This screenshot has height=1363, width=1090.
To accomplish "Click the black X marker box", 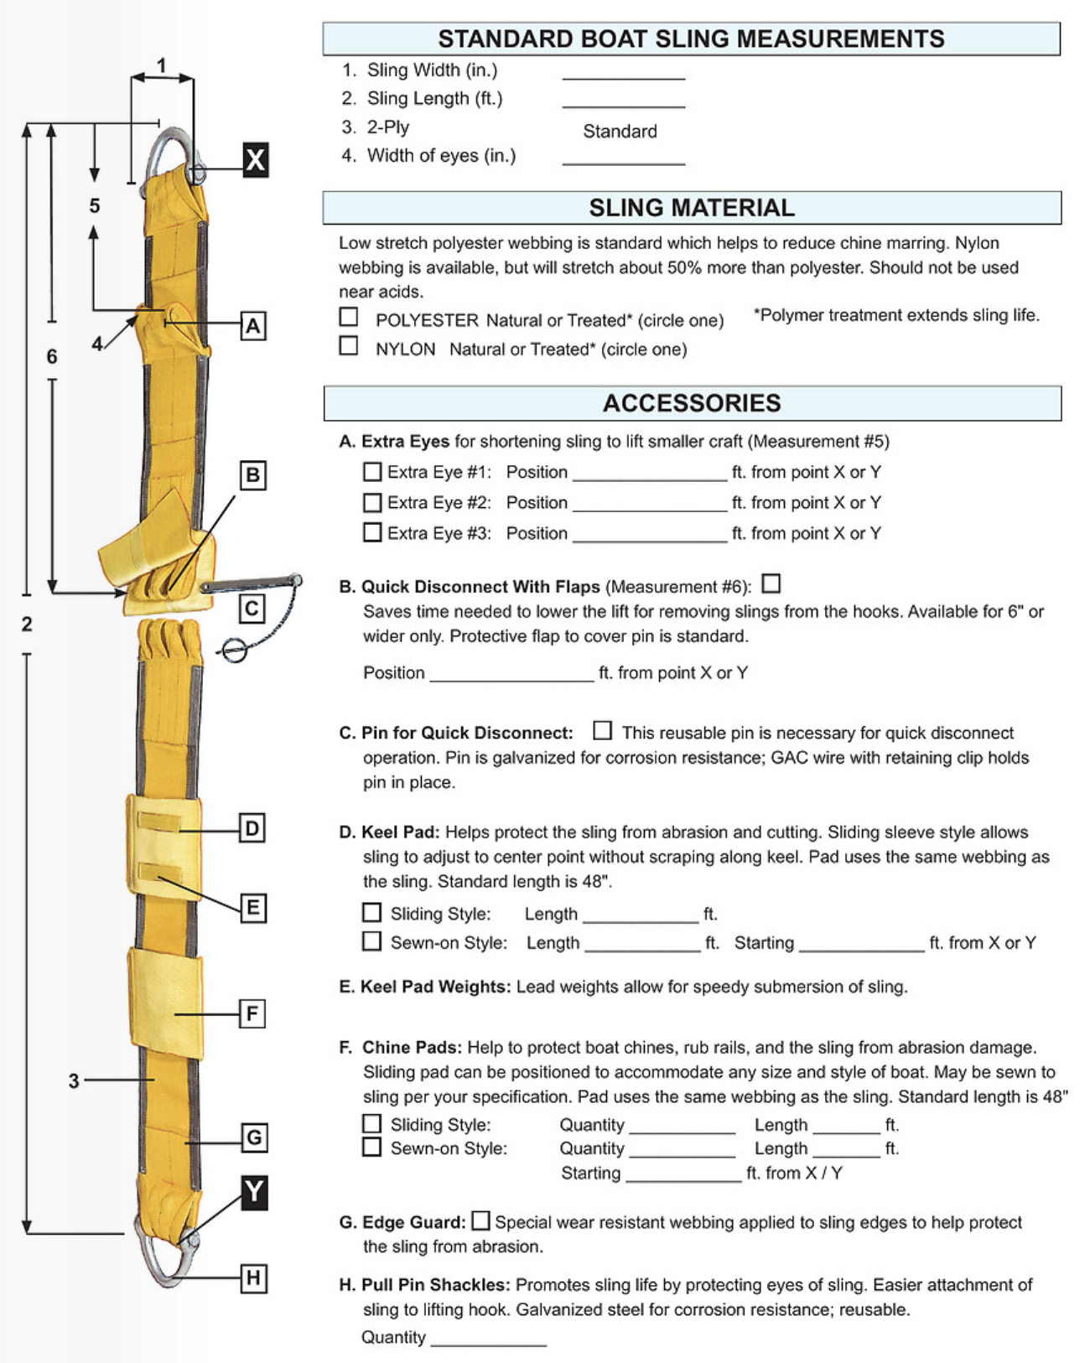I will coord(256,159).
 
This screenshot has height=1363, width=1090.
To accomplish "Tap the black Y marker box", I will coord(254,1192).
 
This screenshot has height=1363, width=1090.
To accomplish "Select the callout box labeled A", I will coord(253,325).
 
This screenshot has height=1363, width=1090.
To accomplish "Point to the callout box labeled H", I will coord(253,1278).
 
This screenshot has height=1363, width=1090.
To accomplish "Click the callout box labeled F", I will coord(252,1014).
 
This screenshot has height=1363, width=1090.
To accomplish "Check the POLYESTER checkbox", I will coord(349,317).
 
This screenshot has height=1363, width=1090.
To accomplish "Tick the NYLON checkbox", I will coord(349,345).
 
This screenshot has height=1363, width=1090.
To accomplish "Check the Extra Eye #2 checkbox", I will coord(372,502).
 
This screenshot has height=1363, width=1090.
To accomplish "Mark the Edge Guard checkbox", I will coord(480,1220).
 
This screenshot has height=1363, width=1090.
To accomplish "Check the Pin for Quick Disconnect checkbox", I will coord(602,730).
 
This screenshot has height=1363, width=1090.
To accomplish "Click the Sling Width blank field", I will coord(623,72).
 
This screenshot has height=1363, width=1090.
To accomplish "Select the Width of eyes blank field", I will coord(623,158).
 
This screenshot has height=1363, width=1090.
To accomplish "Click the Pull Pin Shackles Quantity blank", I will coord(488,1339).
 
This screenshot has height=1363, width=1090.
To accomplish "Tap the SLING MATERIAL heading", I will coord(692,208).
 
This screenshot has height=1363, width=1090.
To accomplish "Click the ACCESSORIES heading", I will coord(692,403).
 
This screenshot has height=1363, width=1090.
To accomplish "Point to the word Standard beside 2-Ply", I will coord(620,132).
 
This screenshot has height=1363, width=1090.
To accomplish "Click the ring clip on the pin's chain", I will coord(234,649).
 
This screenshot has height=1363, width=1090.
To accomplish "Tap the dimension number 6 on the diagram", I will coord(52,357).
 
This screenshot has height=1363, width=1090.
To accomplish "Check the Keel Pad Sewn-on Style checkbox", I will coord(371,941).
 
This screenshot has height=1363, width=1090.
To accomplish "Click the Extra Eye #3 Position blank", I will coord(649,535).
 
